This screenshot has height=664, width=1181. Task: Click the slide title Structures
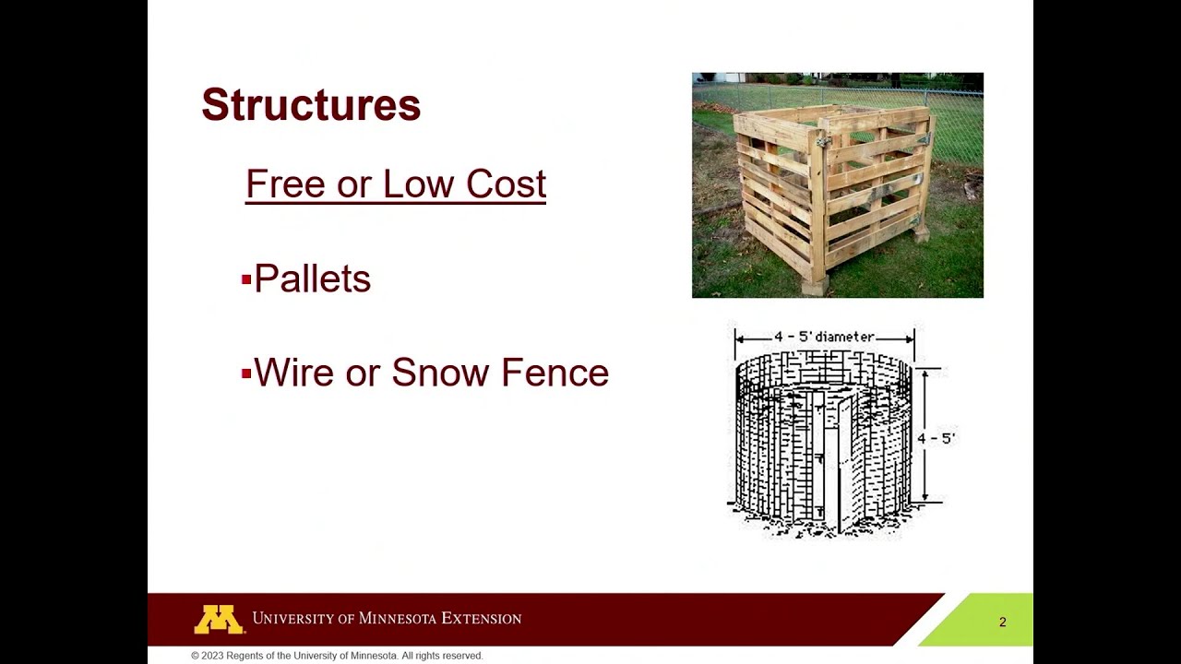point(311,105)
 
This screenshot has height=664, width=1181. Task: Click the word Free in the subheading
point(286,184)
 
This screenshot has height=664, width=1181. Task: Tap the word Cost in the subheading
point(506,184)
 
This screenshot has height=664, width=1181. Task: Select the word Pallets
point(312,279)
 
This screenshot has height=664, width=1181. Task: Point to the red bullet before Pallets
point(246,279)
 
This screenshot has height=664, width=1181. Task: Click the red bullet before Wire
point(246,373)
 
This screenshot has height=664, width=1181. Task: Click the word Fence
point(555,373)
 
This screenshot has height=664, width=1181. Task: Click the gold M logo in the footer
point(219,619)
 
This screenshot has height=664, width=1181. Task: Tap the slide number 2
point(1003,622)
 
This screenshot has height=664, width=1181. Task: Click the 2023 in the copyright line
point(214,656)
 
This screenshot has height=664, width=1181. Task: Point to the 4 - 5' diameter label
point(824,337)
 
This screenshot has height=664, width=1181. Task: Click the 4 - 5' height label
point(936,438)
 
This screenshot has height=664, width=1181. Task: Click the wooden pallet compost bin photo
point(837,185)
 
